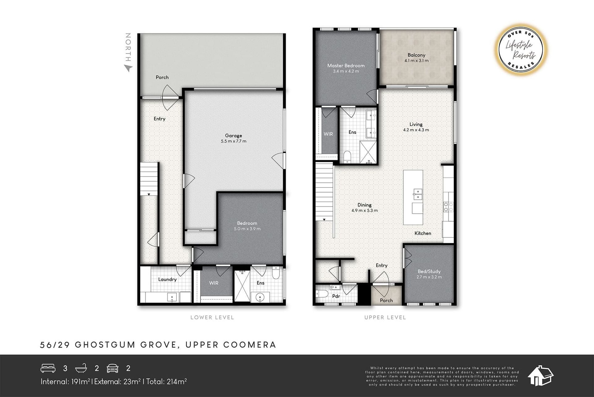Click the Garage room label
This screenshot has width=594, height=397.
[233, 135]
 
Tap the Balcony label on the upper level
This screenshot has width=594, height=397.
[416, 55]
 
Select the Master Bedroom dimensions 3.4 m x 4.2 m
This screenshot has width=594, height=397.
[346, 71]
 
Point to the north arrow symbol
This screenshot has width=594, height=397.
[128, 68]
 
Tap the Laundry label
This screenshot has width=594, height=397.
[167, 279]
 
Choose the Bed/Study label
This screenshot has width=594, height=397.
[429, 271]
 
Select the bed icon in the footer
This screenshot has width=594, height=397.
[48, 368]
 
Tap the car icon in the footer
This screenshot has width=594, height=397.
[113, 368]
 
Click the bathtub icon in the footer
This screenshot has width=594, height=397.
[81, 368]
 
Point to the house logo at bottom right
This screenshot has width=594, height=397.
[540, 376]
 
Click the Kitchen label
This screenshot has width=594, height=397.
[423, 233]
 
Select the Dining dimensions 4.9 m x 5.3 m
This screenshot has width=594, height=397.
[364, 210]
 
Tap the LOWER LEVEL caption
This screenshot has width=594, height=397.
[212, 317]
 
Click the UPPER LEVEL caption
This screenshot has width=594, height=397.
[385, 317]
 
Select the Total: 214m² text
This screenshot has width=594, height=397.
[166, 382]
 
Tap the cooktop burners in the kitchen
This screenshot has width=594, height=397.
[448, 207]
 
